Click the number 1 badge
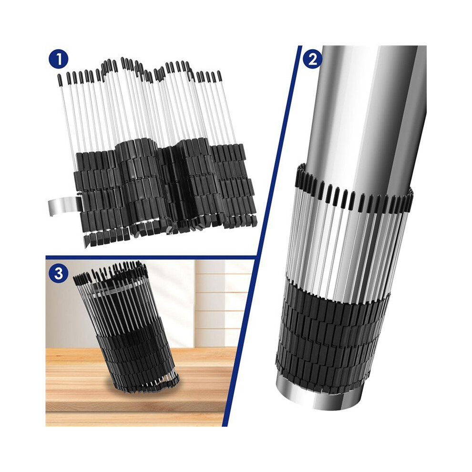[58, 60]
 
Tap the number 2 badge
[313, 60]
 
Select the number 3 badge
[58, 274]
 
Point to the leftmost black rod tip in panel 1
[60, 79]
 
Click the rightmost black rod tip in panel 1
[219, 76]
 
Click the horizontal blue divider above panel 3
[151, 257]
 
